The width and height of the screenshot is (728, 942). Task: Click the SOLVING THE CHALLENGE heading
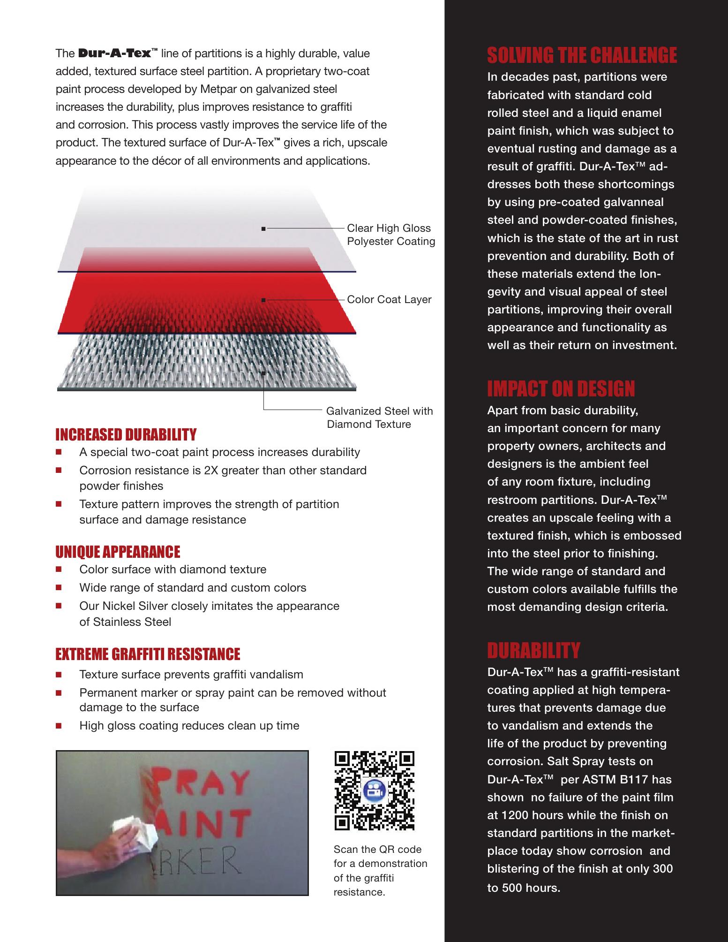pos(582,56)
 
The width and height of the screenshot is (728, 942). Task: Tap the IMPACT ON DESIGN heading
pos(561,389)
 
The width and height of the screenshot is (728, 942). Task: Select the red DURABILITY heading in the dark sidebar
pos(533,651)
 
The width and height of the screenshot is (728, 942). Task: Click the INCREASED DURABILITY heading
pos(126,435)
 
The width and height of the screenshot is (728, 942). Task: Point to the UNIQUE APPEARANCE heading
pos(118,552)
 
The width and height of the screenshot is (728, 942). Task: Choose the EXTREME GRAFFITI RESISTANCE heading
pos(148,654)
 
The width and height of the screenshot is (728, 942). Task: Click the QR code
pos(374,790)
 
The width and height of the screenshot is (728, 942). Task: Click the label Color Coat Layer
pos(389,300)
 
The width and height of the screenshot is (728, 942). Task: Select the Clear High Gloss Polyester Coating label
pos(390,235)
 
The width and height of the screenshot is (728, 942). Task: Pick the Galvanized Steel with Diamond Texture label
pos(379,418)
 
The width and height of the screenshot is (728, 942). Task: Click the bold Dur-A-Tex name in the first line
pos(114,53)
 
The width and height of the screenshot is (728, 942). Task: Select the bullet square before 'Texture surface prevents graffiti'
pos(59,675)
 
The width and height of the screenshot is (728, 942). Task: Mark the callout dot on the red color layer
pos(264,299)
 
